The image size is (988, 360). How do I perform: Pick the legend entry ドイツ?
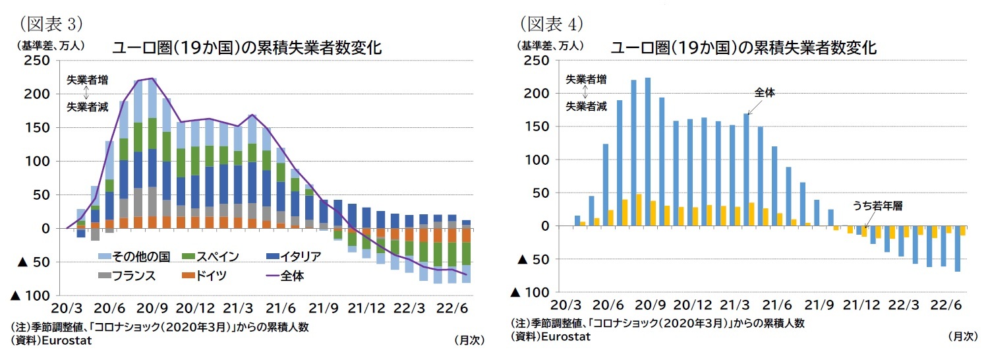210,276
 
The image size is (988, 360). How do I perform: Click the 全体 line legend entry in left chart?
293,276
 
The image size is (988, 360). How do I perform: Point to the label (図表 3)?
50,24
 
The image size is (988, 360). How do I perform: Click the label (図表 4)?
552,24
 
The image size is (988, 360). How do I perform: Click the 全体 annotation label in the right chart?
765,94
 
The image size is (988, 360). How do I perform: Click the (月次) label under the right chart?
962,336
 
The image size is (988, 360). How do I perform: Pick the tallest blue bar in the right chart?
647,152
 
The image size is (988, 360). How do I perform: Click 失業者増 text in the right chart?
586,79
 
